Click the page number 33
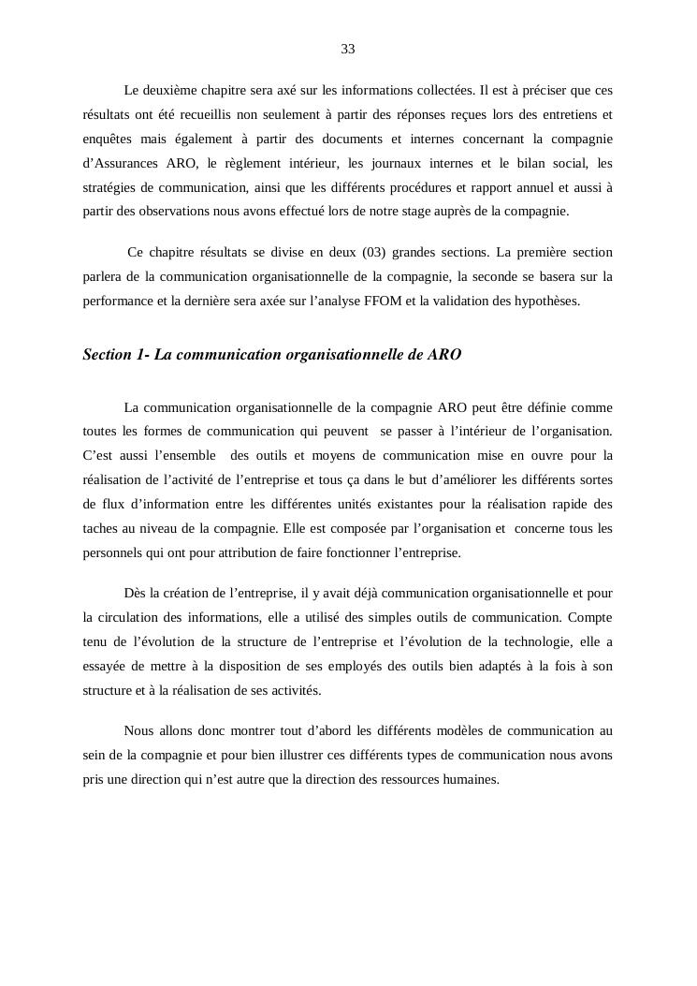pyautogui.click(x=348, y=49)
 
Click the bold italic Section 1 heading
pyautogui.click(x=271, y=356)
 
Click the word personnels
pyautogui.click(x=113, y=553)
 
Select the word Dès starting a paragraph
pyautogui.click(x=135, y=594)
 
